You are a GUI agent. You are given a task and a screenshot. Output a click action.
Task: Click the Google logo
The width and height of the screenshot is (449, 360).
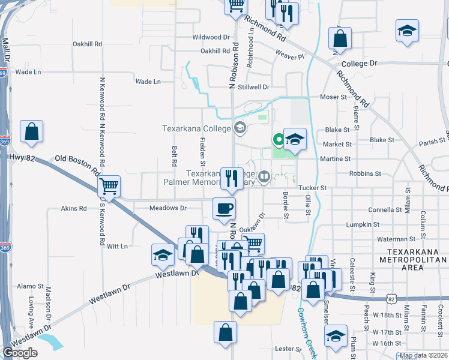(x=20, y=353)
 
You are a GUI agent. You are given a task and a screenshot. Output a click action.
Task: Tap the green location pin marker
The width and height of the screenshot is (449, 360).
(x=279, y=140)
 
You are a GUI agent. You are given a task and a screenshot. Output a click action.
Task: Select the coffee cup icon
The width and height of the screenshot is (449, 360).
(x=224, y=209)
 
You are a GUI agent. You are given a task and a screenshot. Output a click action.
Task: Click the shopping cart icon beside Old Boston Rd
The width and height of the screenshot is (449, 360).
(x=109, y=187)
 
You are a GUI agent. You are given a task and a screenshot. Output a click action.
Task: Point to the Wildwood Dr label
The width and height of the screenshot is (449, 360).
(x=211, y=37)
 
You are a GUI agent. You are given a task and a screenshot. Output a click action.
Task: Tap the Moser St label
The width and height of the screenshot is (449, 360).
(x=334, y=97)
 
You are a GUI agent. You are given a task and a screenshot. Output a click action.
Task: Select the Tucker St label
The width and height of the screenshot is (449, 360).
(x=312, y=188)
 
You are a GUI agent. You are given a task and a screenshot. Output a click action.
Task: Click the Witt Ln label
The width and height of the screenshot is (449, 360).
(x=117, y=246)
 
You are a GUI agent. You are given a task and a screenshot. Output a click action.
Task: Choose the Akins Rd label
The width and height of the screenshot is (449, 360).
(x=74, y=209)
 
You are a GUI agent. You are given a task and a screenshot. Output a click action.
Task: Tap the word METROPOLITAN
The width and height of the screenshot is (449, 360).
(x=413, y=260)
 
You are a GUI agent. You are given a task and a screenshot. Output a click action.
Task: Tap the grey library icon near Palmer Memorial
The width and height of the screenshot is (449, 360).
(x=263, y=176)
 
